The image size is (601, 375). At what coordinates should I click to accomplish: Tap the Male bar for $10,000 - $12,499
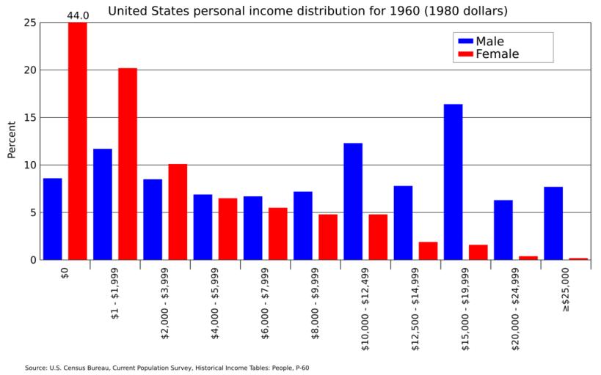coord(353,201)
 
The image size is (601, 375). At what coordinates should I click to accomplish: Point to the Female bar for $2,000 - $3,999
coord(178,212)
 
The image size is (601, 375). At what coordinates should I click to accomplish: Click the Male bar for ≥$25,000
coord(553,223)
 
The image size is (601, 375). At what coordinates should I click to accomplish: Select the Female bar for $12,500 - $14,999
coord(428,250)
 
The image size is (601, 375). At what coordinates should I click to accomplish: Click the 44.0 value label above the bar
coord(78,15)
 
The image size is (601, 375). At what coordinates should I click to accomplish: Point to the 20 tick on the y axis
coord(29,70)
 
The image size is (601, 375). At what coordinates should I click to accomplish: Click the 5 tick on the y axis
coord(32,212)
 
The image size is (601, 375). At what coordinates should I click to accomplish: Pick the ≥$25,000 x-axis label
coord(565,291)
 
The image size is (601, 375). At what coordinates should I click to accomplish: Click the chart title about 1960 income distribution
coord(307,11)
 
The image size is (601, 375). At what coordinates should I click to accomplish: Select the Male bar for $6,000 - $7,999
coord(252,228)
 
